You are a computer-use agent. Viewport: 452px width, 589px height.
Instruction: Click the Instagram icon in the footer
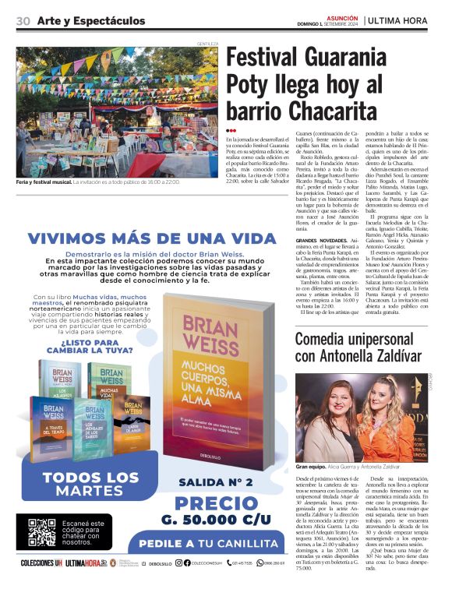coord(178,563)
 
